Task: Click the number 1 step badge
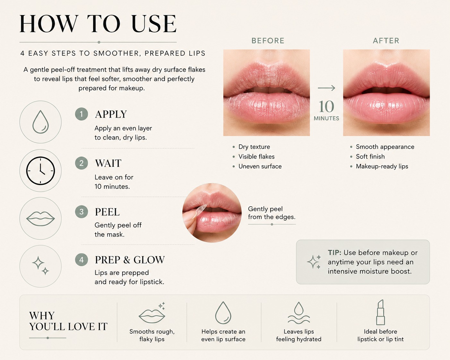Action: click(x=81, y=114)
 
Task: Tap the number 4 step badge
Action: click(x=81, y=260)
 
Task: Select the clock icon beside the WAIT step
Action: click(x=40, y=171)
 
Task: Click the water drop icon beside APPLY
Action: click(x=40, y=122)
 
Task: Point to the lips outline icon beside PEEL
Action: click(x=40, y=219)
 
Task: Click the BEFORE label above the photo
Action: click(x=268, y=40)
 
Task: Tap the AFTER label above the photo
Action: click(x=386, y=40)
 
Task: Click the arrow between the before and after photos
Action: click(x=326, y=88)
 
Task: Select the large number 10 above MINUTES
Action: click(x=326, y=107)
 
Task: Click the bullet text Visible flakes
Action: click(x=256, y=157)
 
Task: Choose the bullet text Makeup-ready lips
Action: click(x=382, y=167)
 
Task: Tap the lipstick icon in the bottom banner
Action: click(x=381, y=312)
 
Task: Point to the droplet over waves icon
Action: click(x=299, y=313)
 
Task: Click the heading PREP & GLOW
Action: click(x=130, y=260)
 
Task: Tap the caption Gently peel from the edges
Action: click(x=272, y=213)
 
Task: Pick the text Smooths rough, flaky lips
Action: click(x=152, y=335)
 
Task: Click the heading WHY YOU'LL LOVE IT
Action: click(x=68, y=321)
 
